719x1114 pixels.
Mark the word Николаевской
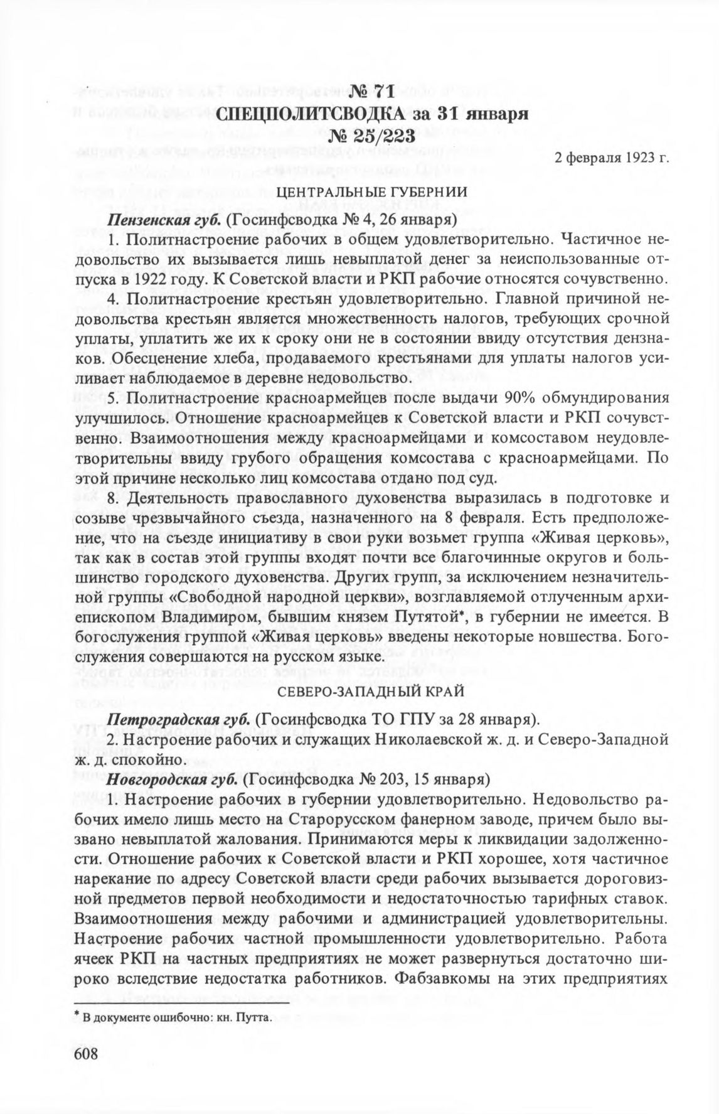click(427, 739)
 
